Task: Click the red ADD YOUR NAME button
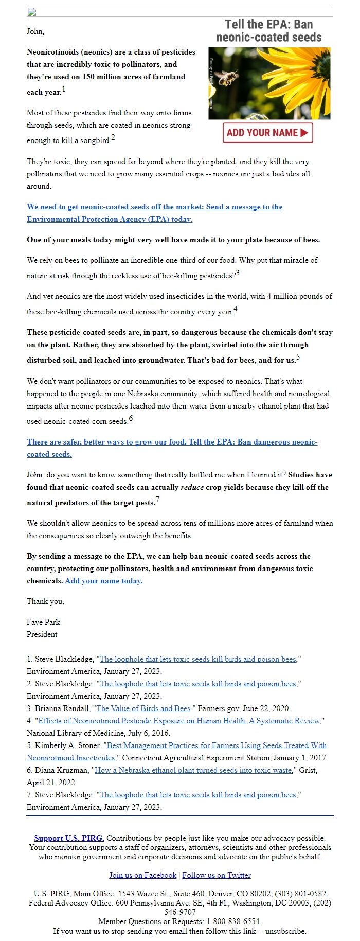point(267,133)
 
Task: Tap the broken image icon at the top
point(31,12)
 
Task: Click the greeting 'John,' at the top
point(35,31)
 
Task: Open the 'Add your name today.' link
point(104,581)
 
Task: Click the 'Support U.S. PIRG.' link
point(69,838)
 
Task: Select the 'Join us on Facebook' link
point(142,875)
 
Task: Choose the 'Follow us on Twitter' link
point(217,875)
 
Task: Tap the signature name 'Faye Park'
point(43,622)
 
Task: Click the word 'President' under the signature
point(42,634)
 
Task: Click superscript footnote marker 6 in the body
point(131,418)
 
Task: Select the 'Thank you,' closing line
point(45,601)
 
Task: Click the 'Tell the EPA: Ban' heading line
point(269,24)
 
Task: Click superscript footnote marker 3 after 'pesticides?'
point(238,273)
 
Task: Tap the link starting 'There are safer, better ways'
point(172,442)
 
